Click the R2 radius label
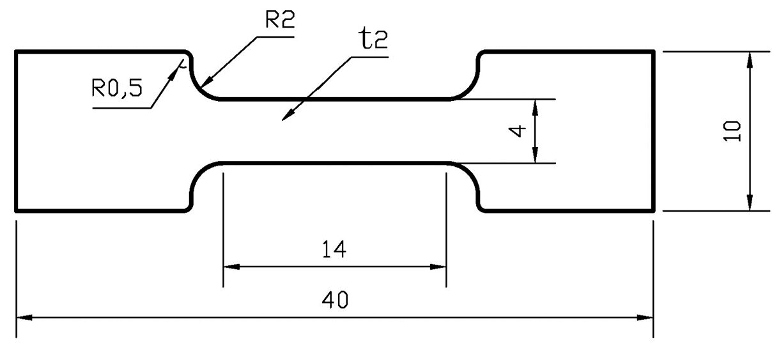click(279, 20)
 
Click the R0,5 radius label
click(116, 88)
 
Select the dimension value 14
click(334, 249)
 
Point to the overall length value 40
click(334, 300)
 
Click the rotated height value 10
click(732, 131)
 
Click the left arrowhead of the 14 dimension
click(229, 266)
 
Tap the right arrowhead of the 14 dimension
click(439, 266)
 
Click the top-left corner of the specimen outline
click(16, 51)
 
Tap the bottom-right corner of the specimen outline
click(654, 210)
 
